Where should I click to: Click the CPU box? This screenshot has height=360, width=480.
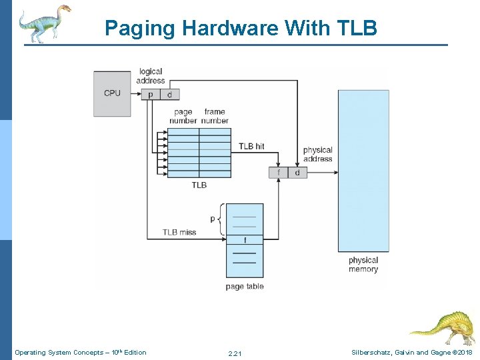click(112, 93)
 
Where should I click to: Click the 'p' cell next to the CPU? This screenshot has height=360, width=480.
click(150, 94)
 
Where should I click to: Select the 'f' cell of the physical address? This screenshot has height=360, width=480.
click(278, 173)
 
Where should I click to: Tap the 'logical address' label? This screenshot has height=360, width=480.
click(151, 76)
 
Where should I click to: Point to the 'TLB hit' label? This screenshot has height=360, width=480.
click(251, 146)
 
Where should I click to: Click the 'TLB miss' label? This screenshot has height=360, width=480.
click(179, 232)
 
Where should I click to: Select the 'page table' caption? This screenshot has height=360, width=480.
click(245, 287)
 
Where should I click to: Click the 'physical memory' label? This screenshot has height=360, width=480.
click(363, 265)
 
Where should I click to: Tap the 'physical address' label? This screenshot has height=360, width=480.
click(317, 155)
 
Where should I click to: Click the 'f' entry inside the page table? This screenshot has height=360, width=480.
click(245, 239)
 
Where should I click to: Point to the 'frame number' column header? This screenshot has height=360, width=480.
click(215, 116)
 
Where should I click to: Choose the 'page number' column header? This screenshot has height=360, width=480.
click(183, 116)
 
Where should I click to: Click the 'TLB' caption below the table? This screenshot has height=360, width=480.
click(199, 185)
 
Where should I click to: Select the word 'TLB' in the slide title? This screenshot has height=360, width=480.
click(357, 28)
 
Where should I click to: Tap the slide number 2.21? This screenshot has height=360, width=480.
click(235, 353)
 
